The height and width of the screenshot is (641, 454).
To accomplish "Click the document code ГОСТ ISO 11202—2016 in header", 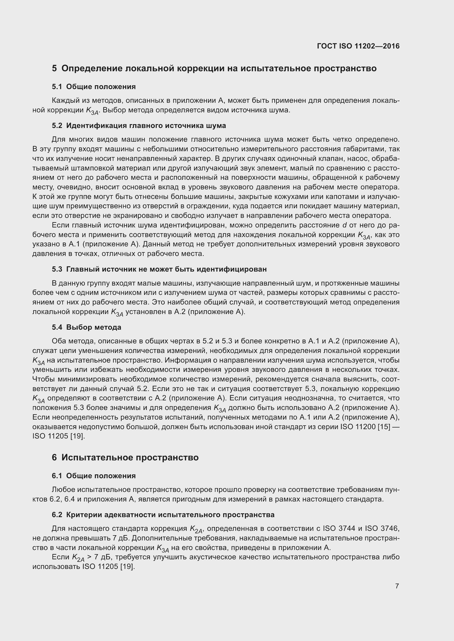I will point(358,46).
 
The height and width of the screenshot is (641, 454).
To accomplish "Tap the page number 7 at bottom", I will point(397,586).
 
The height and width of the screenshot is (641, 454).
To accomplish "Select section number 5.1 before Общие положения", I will point(57,87).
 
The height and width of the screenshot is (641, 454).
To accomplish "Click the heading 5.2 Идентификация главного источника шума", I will point(139,126).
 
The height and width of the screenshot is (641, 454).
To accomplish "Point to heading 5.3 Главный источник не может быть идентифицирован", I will point(159,269).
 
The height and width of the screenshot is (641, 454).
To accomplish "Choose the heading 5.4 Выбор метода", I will point(86,327).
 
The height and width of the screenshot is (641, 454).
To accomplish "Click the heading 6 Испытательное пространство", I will point(125,458).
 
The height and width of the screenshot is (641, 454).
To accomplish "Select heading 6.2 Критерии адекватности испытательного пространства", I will point(163,515).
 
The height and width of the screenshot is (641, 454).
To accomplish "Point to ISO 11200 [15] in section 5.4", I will point(365,427).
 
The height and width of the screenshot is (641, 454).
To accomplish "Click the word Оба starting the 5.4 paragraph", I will point(59,341).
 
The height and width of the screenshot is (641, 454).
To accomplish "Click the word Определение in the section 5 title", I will point(91,69).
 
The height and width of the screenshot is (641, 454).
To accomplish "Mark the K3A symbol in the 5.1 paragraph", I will point(92,111).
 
